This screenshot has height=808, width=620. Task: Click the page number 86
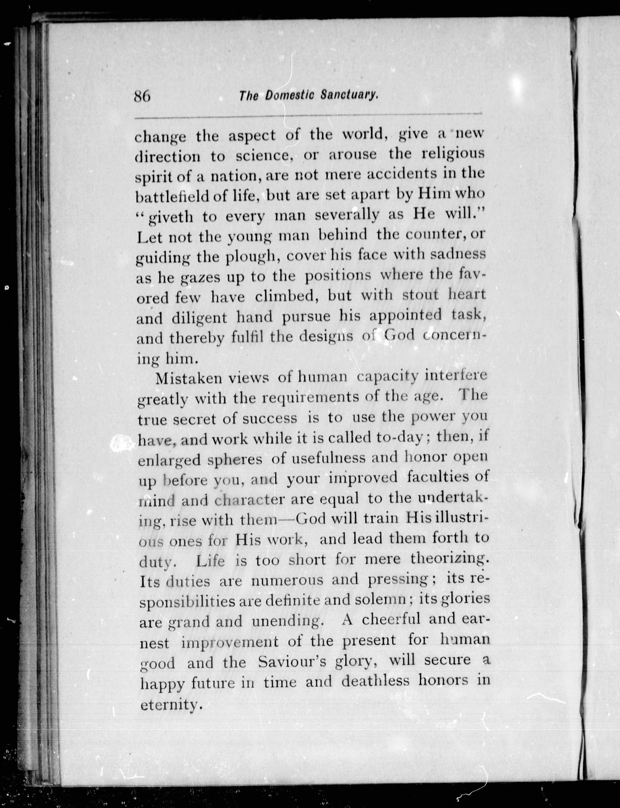142,97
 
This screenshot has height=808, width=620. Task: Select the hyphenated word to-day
400,438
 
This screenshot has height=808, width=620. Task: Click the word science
264,156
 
